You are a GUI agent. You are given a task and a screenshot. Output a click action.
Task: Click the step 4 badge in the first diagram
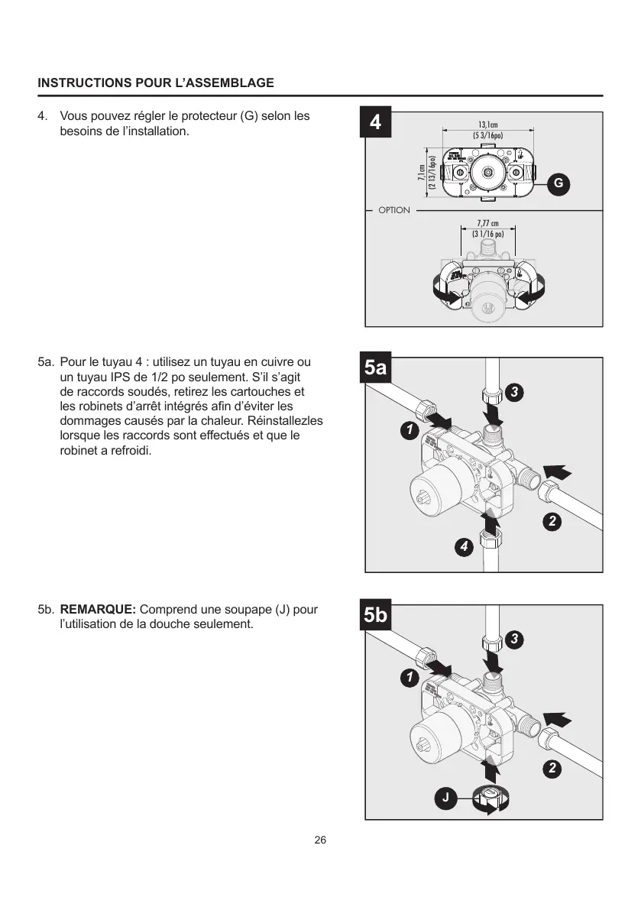click(376, 122)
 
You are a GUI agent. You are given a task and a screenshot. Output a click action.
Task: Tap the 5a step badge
click(376, 368)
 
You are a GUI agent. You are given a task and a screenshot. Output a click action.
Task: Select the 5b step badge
click(376, 616)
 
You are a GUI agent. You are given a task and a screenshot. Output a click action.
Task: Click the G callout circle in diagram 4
click(558, 183)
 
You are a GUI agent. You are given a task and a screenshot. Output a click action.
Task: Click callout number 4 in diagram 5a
click(463, 546)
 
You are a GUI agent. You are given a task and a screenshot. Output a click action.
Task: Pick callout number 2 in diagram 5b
click(551, 768)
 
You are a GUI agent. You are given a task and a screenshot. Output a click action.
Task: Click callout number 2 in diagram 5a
click(551, 523)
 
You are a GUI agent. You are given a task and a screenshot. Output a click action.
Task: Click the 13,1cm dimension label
click(487, 125)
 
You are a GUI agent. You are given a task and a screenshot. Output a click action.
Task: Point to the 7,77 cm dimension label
click(487, 223)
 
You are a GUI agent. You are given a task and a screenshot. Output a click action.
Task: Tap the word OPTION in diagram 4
click(394, 210)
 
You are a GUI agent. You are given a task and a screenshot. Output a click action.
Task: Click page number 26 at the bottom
click(320, 840)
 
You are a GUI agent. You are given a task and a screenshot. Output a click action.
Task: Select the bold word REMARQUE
click(98, 610)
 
